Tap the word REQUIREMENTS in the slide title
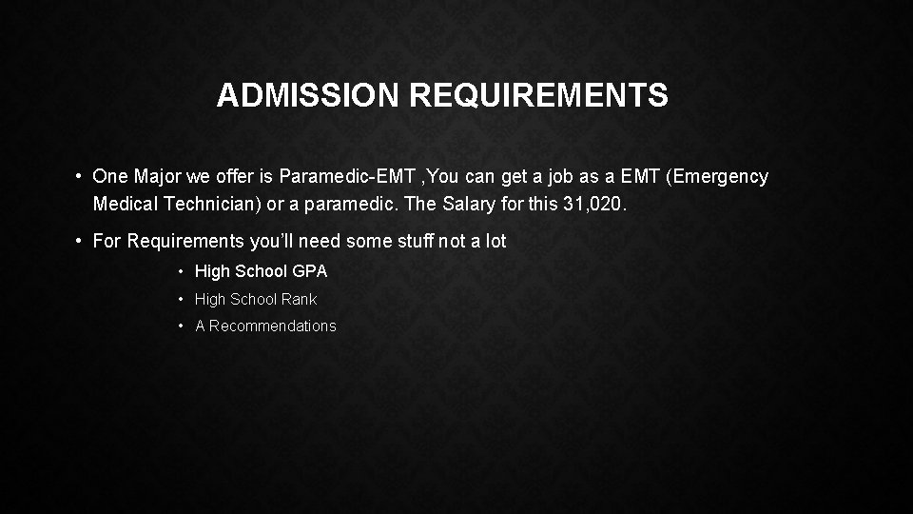[539, 96]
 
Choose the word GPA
[309, 271]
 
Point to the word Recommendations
[273, 326]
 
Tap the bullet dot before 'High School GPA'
[182, 271]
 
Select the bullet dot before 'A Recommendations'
[182, 326]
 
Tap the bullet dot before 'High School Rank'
[182, 299]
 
